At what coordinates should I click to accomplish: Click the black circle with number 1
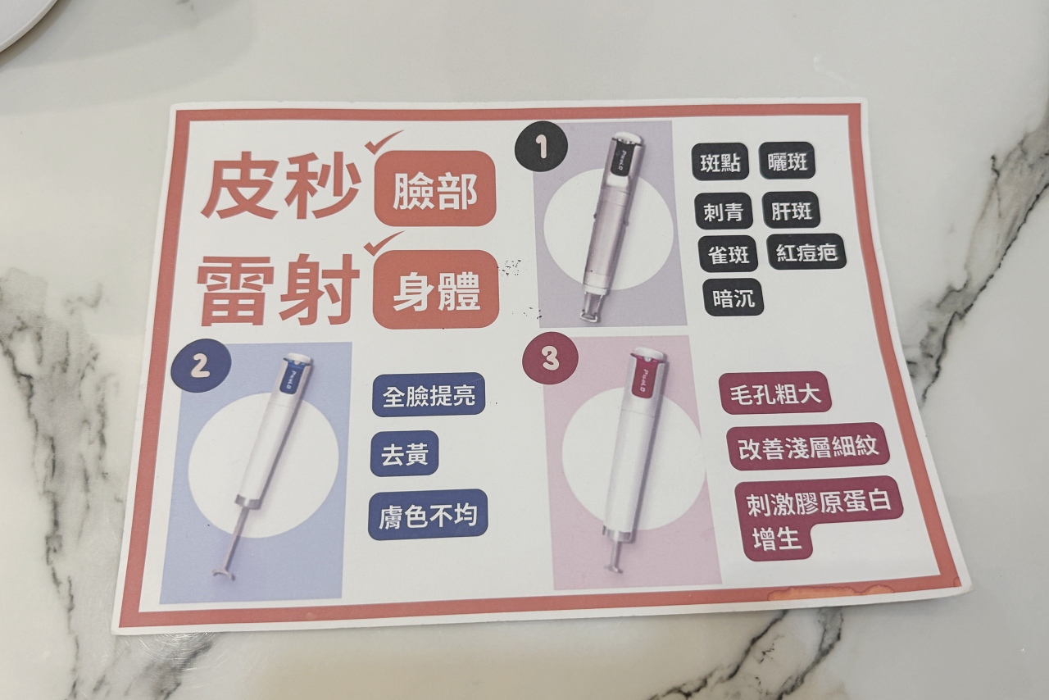click(x=541, y=148)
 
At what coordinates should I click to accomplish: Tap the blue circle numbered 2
click(x=202, y=366)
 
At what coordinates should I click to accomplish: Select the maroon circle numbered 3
click(x=550, y=358)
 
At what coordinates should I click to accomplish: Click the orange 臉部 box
click(x=435, y=189)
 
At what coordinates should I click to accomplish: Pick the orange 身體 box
click(x=435, y=289)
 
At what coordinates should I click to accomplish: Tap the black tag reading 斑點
click(x=720, y=162)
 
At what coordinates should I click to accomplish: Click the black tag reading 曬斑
click(x=787, y=161)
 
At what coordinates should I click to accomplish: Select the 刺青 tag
click(x=724, y=212)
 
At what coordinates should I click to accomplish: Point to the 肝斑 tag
click(x=792, y=210)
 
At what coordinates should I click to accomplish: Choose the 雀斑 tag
click(x=729, y=254)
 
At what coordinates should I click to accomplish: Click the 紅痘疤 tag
click(x=807, y=252)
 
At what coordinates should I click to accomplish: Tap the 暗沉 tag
click(x=733, y=298)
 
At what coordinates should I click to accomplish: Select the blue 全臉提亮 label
click(x=429, y=395)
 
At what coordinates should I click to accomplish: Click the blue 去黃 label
click(x=405, y=454)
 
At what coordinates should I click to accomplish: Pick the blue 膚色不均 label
click(x=428, y=515)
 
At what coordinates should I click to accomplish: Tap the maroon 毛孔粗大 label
click(x=775, y=393)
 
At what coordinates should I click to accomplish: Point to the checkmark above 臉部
click(x=384, y=142)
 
